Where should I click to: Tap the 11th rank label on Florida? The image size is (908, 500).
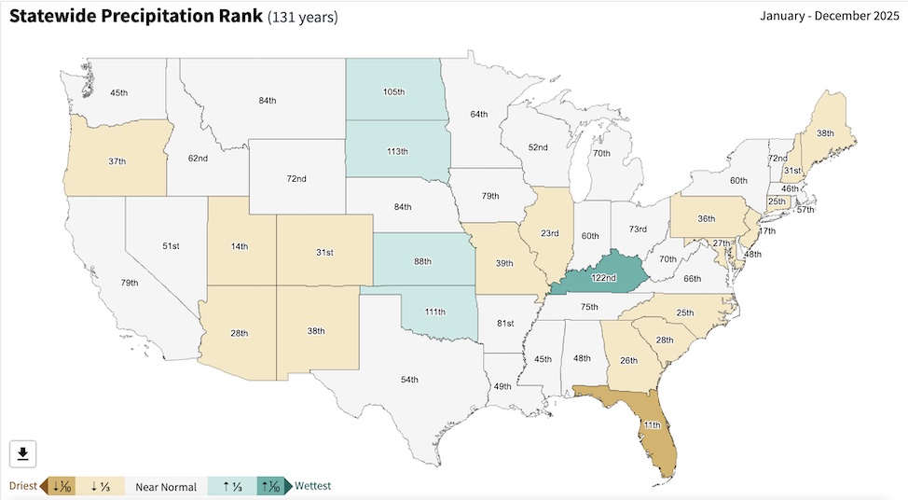tap(653, 425)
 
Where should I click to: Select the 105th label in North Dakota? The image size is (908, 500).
tap(394, 92)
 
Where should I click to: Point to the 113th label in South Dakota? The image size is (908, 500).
tap(397, 150)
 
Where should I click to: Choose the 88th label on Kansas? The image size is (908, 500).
tap(421, 261)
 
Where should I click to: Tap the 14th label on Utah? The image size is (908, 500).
tap(240, 246)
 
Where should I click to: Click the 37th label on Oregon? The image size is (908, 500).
tap(117, 161)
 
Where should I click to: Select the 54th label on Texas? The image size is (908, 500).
tap(409, 380)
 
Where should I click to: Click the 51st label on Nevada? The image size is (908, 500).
tap(171, 246)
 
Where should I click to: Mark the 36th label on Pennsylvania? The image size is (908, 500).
tap(707, 218)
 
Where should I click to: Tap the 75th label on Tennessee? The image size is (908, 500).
tap(589, 307)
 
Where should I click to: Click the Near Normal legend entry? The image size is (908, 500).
tap(166, 486)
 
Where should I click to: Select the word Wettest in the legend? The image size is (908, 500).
tap(312, 486)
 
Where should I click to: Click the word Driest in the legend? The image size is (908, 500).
tap(23, 486)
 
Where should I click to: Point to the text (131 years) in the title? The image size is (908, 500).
tap(303, 17)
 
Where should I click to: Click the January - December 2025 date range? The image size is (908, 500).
tap(827, 16)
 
